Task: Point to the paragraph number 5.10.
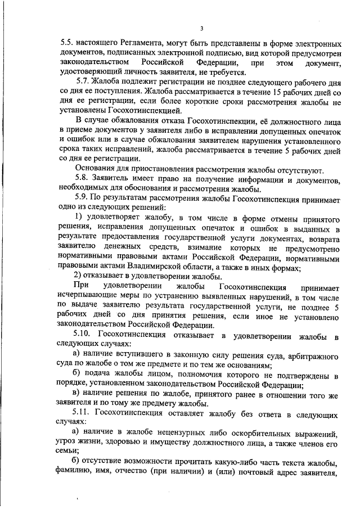[x=84, y=336]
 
